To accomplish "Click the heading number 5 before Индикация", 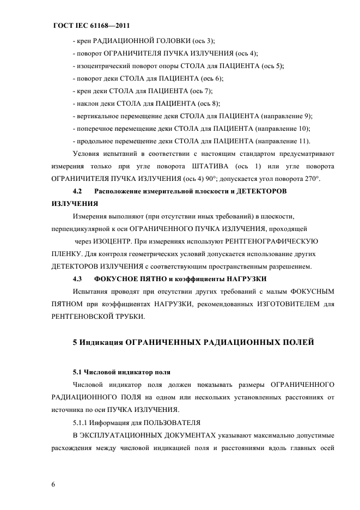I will click(75, 343).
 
